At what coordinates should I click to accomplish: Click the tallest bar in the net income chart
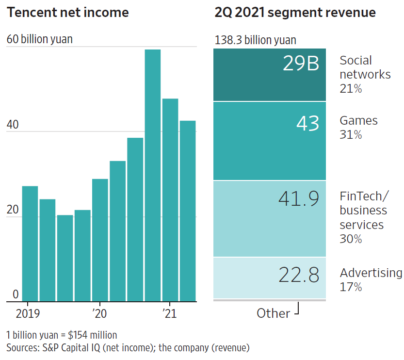[153, 175]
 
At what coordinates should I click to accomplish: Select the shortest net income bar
[65, 258]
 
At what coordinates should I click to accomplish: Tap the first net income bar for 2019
[30, 243]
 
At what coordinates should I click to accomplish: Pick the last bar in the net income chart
[188, 211]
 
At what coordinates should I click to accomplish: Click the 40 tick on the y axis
[13, 125]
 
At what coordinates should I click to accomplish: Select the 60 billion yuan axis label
[40, 39]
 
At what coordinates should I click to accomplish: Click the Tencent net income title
[68, 13]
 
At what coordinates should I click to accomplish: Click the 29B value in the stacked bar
[301, 64]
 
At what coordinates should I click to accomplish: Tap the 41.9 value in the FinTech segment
[299, 199]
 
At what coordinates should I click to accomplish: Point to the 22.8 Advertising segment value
[299, 275]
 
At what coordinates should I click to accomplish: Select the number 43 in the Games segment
[308, 123]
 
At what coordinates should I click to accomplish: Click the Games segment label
[358, 120]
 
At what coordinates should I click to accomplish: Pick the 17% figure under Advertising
[351, 287]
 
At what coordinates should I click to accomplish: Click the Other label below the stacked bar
[273, 313]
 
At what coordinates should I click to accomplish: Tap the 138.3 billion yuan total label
[255, 40]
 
